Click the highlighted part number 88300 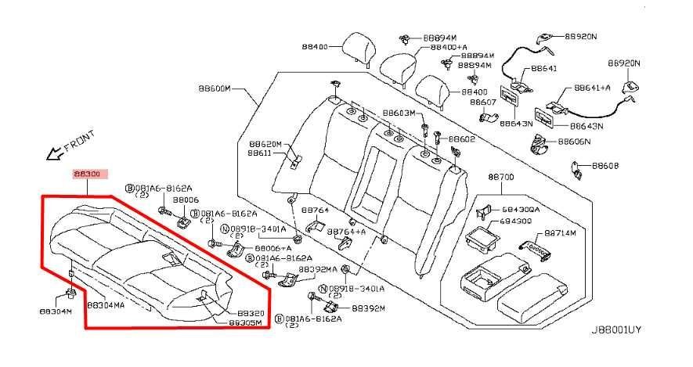[86, 175]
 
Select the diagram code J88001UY [615, 330]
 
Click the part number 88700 [501, 178]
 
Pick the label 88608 [605, 166]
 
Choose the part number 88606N [575, 142]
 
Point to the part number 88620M [265, 144]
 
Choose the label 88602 [462, 139]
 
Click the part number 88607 [483, 102]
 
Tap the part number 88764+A [347, 232]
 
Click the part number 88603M [399, 113]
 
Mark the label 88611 [260, 153]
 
